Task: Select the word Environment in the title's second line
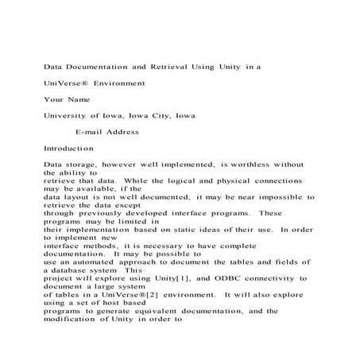pos(119,82)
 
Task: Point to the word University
pos(68,115)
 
